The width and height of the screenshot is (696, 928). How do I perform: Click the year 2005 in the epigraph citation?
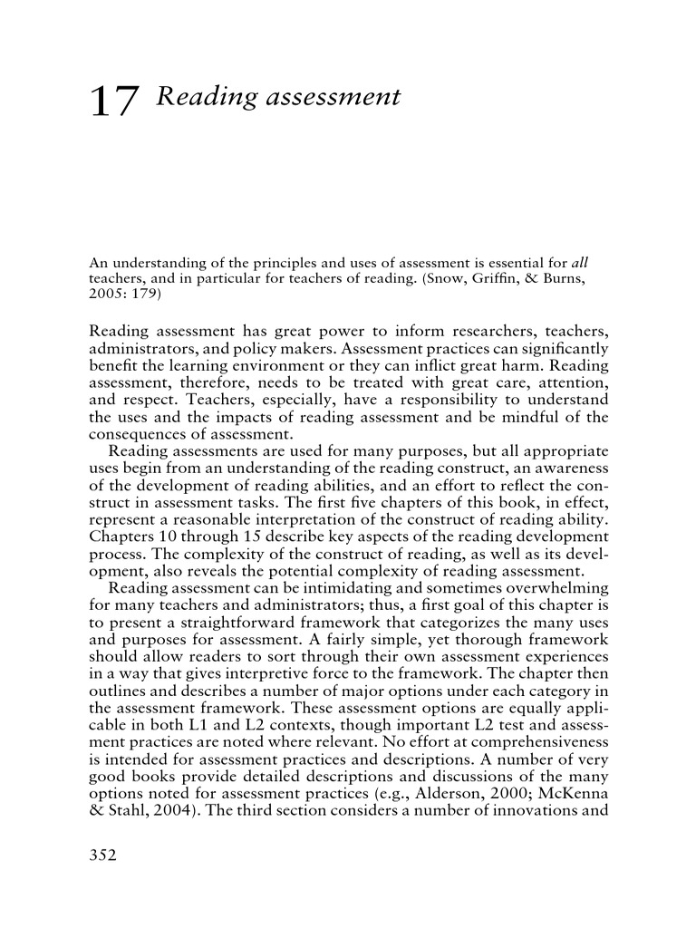pos(104,295)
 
